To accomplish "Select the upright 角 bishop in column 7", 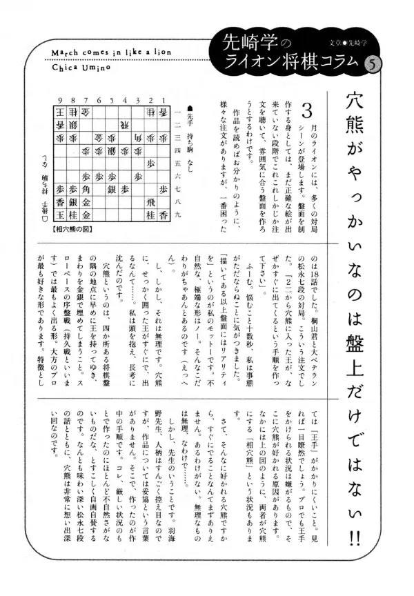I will [87, 190].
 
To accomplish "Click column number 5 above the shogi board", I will [112, 100].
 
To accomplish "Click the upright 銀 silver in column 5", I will [112, 190].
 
